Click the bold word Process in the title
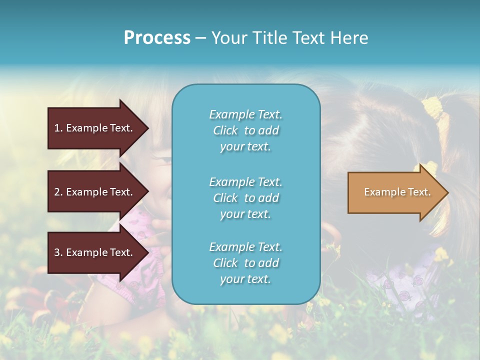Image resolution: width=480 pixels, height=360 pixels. coord(157,38)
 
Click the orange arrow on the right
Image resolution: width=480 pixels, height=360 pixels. coord(390,192)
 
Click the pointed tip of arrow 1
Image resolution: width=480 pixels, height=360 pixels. coord(147,128)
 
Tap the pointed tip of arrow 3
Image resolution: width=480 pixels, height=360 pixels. coord(147,252)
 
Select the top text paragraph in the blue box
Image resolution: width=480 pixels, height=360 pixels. coord(245,130)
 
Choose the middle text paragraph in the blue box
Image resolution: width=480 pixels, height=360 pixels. coord(245,198)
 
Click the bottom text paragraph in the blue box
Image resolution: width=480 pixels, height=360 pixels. coord(245,263)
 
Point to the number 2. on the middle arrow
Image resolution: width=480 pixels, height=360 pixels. coord(58,192)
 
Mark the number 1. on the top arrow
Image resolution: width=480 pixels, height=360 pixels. coord(58,128)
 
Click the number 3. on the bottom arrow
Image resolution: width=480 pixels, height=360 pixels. coord(58,252)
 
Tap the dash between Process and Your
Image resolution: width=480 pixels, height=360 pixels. coord(200,38)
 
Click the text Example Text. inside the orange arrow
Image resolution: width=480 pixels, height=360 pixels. coord(397,192)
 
